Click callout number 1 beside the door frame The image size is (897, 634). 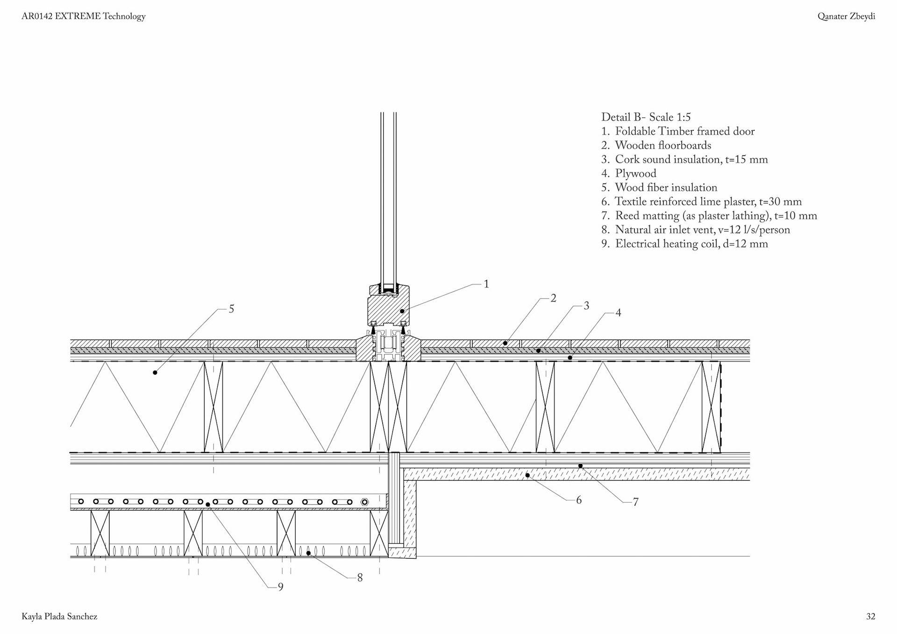coord(486,284)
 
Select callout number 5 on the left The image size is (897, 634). coord(231,309)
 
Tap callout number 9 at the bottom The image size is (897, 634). coord(280,587)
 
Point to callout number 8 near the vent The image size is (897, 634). coord(360,578)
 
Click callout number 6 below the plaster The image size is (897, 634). coord(579,500)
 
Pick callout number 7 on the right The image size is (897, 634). coord(635,502)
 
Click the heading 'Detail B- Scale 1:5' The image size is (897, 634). coord(646,117)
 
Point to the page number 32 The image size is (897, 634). coord(870,617)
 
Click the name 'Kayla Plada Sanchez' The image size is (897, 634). coord(59,617)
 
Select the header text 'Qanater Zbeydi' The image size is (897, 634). coord(846,16)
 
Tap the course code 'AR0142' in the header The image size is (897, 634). coord(37,16)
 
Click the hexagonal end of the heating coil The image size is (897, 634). coord(365,502)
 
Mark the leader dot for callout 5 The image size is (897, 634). coord(155,372)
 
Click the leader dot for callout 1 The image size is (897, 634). coord(402,311)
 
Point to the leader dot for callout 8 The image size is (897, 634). coord(308,553)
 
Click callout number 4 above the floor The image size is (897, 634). coord(618,313)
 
